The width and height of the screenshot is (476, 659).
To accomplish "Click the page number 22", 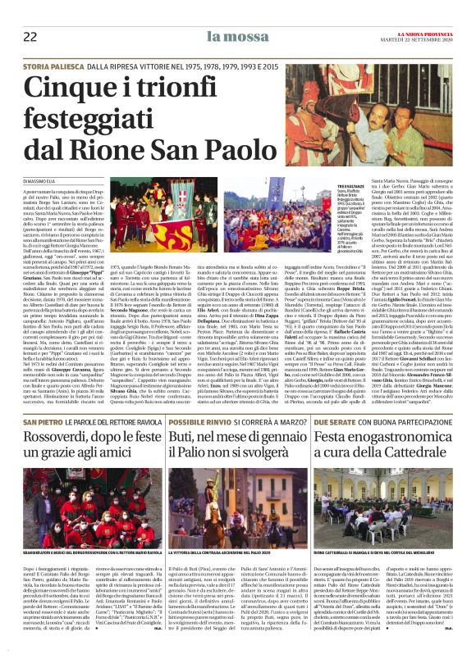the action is [x=30, y=35].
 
